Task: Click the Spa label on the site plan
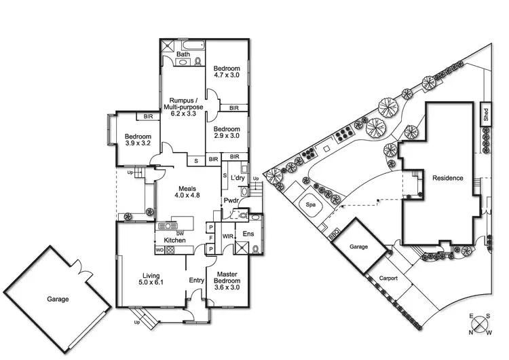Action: (x=312, y=204)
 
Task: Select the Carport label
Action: (x=388, y=278)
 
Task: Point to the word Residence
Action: (x=447, y=179)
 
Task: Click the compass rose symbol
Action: (x=479, y=325)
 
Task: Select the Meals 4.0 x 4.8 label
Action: (x=187, y=192)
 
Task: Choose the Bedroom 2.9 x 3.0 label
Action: (x=227, y=132)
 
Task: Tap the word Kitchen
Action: (x=174, y=240)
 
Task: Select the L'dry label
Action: (x=237, y=178)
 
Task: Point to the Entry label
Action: (x=197, y=281)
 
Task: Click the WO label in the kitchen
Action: (x=159, y=249)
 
